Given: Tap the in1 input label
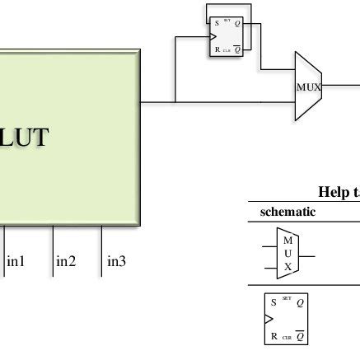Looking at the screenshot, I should pos(16,262).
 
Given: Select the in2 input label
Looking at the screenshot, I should pos(66,262).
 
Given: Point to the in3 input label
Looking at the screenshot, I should pos(116,262).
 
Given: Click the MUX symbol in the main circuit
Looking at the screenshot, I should pos(308,86).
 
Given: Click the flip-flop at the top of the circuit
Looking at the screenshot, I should pos(224,36).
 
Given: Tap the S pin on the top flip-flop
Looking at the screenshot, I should pos(215,23).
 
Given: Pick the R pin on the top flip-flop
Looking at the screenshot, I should pos(215,49).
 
